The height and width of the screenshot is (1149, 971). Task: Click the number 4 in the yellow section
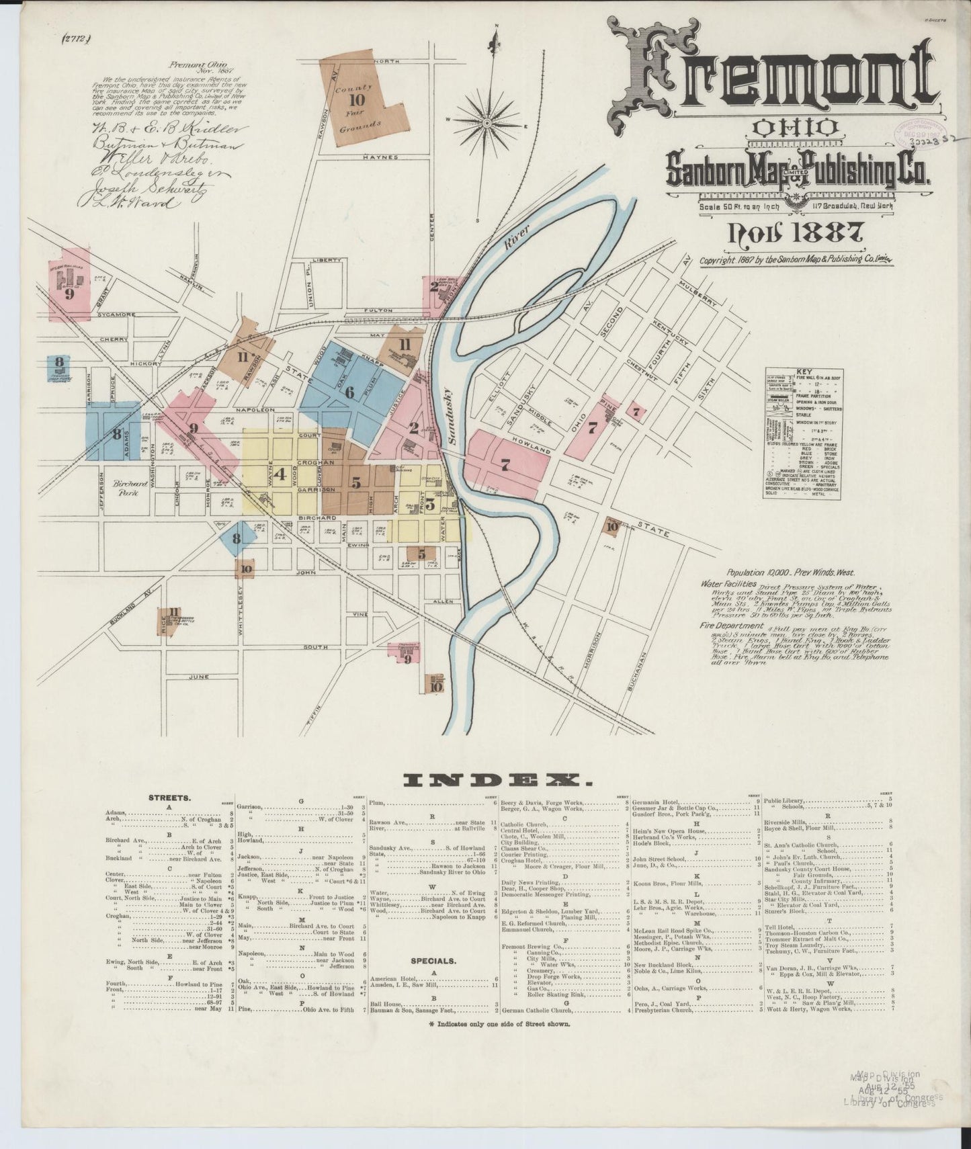(x=280, y=474)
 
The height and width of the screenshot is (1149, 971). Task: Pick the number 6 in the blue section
(x=349, y=393)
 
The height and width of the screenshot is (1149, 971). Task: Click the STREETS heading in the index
(x=169, y=798)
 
